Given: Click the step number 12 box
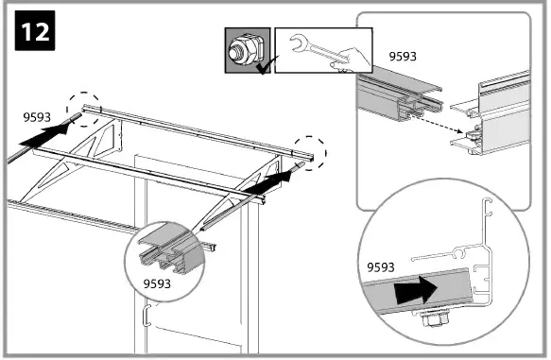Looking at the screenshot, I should pyautogui.click(x=31, y=31).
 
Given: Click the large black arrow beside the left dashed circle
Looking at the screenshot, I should pyautogui.click(x=44, y=135).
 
